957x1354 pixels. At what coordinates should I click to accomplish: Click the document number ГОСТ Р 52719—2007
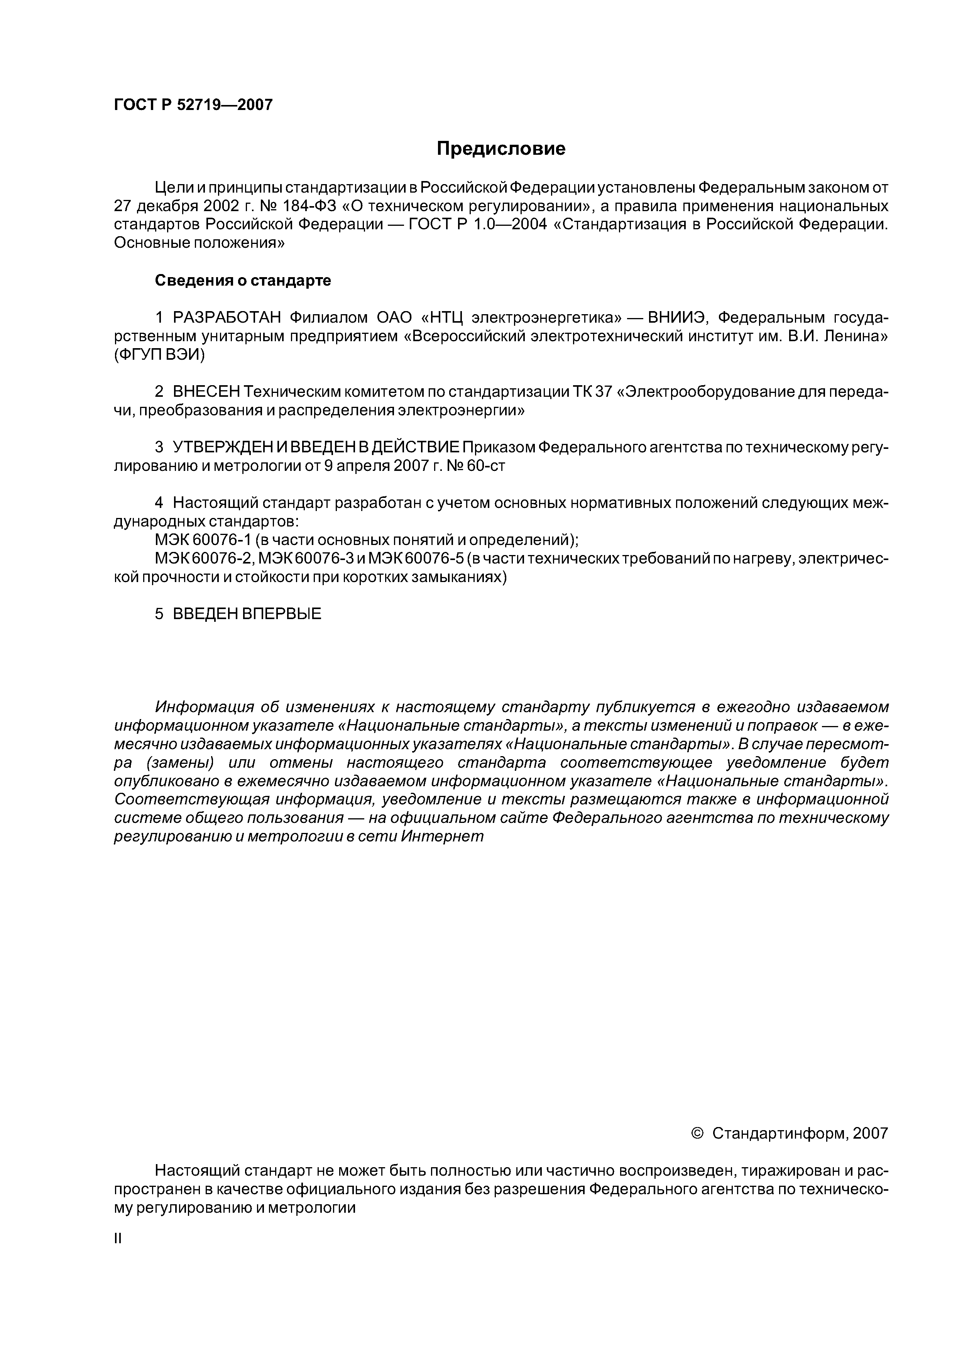click(193, 105)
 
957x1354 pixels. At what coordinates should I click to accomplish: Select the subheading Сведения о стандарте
click(242, 281)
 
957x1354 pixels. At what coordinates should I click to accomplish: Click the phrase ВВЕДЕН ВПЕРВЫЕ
click(247, 614)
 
